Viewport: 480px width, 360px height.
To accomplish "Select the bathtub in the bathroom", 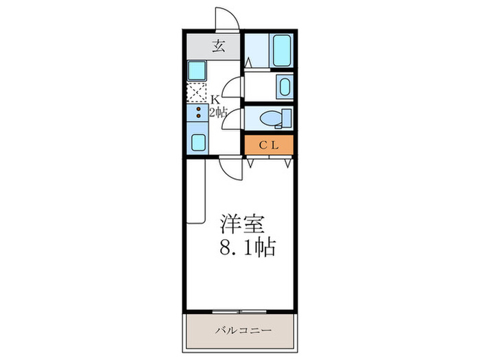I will pyautogui.click(x=282, y=51).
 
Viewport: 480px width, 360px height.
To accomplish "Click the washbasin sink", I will pyautogui.click(x=283, y=86).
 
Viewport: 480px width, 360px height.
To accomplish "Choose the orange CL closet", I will pyautogui.click(x=269, y=145).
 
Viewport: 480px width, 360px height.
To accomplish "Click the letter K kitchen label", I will pyautogui.click(x=215, y=99).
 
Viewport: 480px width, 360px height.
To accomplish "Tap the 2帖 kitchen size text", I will pyautogui.click(x=218, y=113).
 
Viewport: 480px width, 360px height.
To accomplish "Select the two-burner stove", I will pyautogui.click(x=197, y=113).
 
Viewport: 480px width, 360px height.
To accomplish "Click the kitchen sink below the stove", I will pyautogui.click(x=197, y=142).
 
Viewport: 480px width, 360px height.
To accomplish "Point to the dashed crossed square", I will pyautogui.click(x=197, y=93).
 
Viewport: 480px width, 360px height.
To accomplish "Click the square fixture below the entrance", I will pyautogui.click(x=197, y=70).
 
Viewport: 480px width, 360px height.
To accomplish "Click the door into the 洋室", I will pyautogui.click(x=232, y=167).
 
